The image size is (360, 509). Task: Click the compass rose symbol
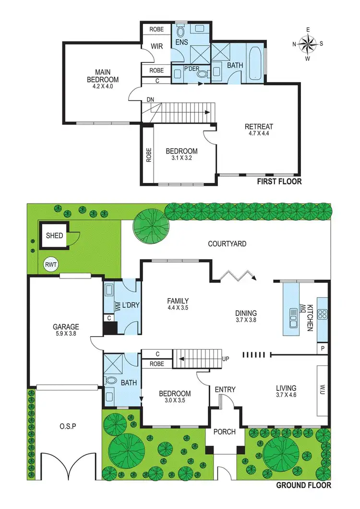click(x=308, y=44)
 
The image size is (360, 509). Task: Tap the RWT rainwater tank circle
click(x=50, y=264)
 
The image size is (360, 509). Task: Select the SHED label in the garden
click(x=54, y=236)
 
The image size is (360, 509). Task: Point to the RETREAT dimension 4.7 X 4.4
click(x=259, y=134)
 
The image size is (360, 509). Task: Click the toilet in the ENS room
click(x=180, y=32)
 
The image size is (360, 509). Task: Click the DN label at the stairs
click(x=150, y=100)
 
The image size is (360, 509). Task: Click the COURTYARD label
click(x=227, y=244)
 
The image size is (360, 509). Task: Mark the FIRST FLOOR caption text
click(x=279, y=182)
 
